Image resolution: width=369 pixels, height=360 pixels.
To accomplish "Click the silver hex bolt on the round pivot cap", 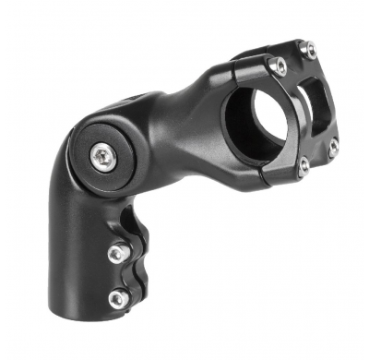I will point(101,157).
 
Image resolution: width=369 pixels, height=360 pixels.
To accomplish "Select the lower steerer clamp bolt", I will point(117,297).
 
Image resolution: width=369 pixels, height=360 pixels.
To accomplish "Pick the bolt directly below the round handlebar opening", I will point(304,167).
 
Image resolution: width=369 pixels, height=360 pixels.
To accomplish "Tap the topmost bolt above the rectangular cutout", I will point(310,48).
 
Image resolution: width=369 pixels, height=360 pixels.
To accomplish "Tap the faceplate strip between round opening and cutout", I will point(297,111).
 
